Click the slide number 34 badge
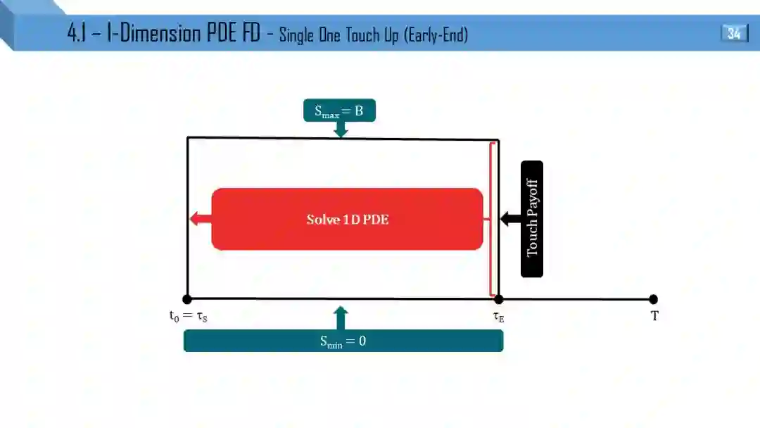point(734,33)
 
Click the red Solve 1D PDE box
point(347,219)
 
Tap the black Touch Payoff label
point(532,219)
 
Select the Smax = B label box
point(339,111)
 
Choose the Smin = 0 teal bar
point(343,341)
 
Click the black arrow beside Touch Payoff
point(510,219)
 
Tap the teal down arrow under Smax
point(341,130)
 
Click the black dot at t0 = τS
point(187,299)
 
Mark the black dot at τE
point(499,299)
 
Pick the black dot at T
point(654,299)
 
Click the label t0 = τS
point(188,317)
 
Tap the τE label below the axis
point(499,317)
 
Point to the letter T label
point(654,317)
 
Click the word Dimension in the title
point(155,34)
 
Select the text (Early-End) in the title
point(436,34)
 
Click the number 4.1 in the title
point(77,34)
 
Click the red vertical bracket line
point(490,219)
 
